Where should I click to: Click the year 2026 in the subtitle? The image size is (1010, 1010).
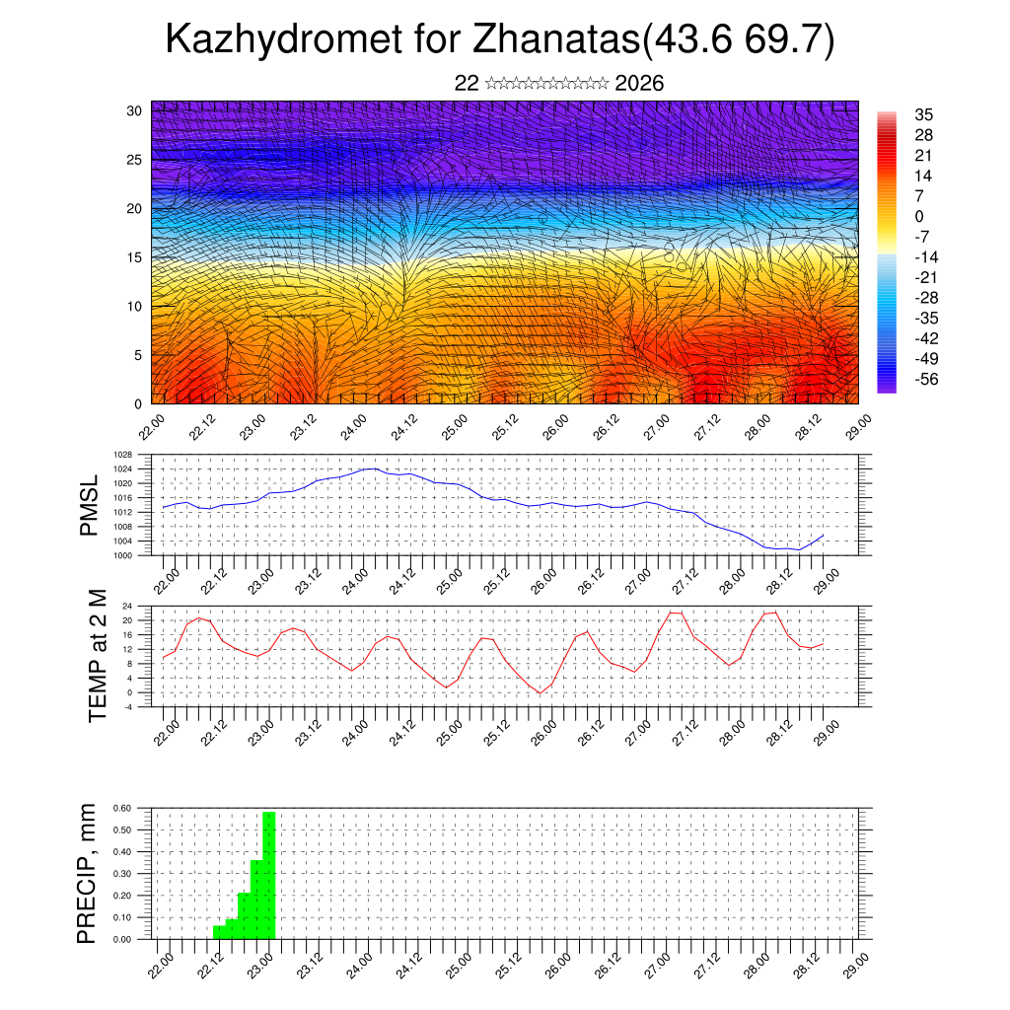coord(639,84)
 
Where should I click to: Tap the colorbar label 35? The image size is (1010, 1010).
coord(924,115)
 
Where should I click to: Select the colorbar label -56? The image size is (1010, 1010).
coord(928,378)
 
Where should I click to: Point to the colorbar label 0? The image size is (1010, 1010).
coord(919,216)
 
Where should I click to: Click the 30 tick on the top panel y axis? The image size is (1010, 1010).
coord(134,110)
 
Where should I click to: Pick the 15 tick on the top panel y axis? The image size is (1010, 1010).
coord(134,257)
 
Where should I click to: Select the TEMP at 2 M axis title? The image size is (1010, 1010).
coord(97,655)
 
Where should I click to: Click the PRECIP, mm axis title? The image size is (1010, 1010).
coord(88,873)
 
